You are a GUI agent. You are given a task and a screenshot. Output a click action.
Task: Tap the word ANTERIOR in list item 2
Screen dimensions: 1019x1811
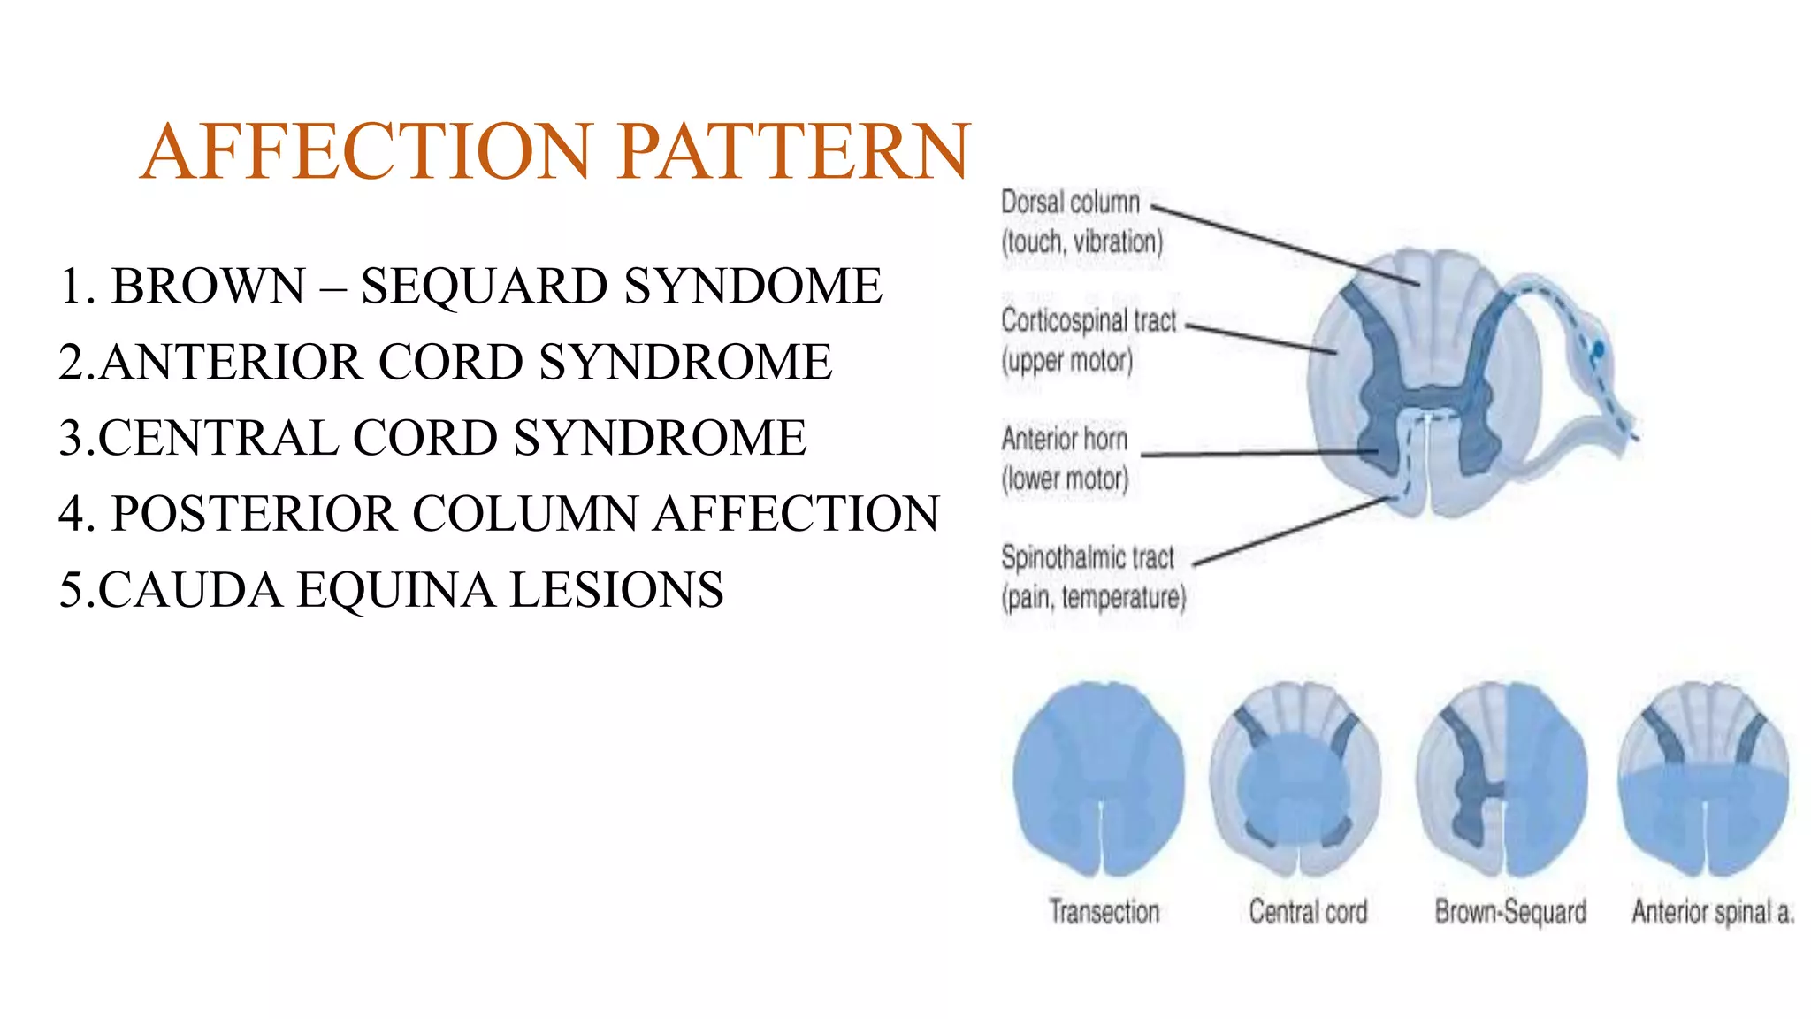pyautogui.click(x=231, y=363)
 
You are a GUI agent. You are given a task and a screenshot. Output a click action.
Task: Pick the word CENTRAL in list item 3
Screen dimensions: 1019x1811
pyautogui.click(x=217, y=439)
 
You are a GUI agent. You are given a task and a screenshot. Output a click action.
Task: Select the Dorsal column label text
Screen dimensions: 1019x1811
pyautogui.click(x=1070, y=203)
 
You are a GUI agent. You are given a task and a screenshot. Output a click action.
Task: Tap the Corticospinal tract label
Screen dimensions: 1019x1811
pyautogui.click(x=1089, y=321)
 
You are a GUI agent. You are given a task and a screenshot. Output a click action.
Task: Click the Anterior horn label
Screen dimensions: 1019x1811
pyautogui.click(x=1065, y=440)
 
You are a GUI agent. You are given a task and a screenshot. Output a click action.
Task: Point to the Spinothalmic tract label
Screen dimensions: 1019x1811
pyautogui.click(x=1088, y=558)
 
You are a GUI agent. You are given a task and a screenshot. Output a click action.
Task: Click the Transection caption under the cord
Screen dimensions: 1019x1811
pyautogui.click(x=1104, y=911)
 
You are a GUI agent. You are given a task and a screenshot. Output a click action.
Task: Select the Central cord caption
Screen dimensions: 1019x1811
pyautogui.click(x=1308, y=911)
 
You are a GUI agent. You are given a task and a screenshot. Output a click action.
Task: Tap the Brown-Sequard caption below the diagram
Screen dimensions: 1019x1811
pyautogui.click(x=1510, y=911)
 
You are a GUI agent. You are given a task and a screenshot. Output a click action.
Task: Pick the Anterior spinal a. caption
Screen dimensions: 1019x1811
pyautogui.click(x=1713, y=911)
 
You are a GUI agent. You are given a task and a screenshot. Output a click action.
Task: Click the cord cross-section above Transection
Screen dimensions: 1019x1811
pyautogui.click(x=1099, y=778)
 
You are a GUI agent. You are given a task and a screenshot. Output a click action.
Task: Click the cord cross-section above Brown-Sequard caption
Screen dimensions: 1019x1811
pyautogui.click(x=1502, y=778)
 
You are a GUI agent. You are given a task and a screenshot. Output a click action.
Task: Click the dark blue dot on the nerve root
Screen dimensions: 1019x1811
pyautogui.click(x=1598, y=350)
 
